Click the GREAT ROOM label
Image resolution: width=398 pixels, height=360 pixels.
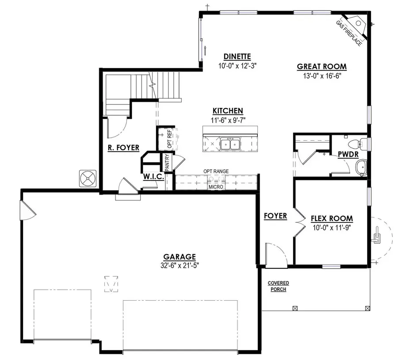coord(321,67)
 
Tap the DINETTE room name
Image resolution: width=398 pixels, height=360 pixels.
coord(237,57)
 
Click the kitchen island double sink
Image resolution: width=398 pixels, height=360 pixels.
coord(230,144)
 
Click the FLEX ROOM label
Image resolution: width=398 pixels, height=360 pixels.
coord(332,218)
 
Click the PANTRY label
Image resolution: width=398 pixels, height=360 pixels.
coord(167,162)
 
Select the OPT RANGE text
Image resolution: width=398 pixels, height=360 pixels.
coord(215,171)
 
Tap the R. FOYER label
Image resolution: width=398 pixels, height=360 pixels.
coord(123,148)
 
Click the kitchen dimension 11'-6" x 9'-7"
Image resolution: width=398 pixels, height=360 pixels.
coord(228,119)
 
